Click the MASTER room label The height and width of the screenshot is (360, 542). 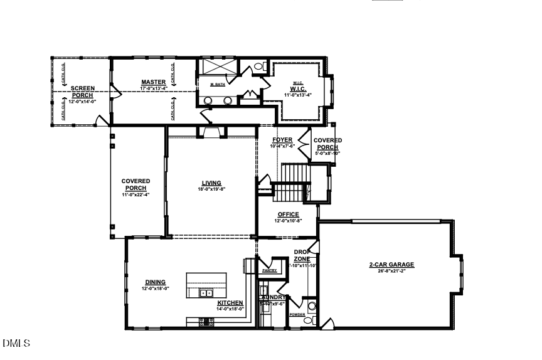pos(153,82)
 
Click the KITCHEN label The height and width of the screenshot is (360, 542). pos(230,302)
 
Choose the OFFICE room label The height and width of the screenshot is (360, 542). pos(288,214)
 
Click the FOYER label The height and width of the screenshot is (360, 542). pos(282,140)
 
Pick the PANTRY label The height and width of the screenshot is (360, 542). pos(270,270)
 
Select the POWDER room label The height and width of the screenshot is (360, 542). pos(297,315)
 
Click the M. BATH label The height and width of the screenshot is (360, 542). pos(218,85)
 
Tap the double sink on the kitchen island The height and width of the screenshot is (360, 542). pos(206,293)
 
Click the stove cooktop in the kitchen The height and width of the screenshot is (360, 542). pos(206,322)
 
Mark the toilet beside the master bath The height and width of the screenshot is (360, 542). pos(258,66)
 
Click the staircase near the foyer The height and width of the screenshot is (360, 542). pos(294,182)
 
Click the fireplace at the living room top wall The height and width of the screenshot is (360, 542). pos(210,131)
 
